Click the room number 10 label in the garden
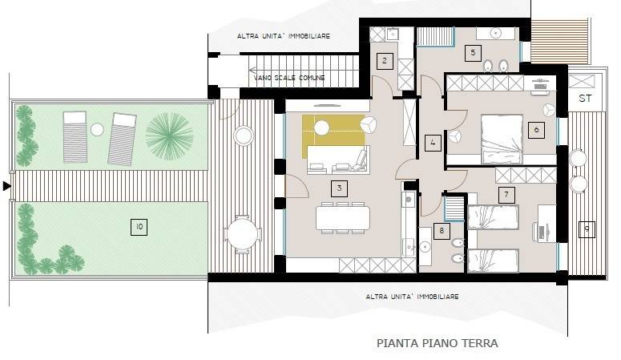click(139, 228)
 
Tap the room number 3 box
click(340, 188)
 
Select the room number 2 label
click(384, 60)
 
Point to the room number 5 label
click(473, 53)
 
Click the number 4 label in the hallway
click(433, 144)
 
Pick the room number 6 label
click(534, 129)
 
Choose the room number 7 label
click(505, 193)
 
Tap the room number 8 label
click(441, 231)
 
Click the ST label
click(585, 99)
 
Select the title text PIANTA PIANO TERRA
click(437, 342)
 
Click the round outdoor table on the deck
click(243, 235)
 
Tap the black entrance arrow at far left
click(7, 186)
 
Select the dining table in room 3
click(343, 217)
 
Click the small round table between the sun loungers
click(97, 129)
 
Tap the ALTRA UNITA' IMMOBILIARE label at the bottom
click(412, 297)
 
